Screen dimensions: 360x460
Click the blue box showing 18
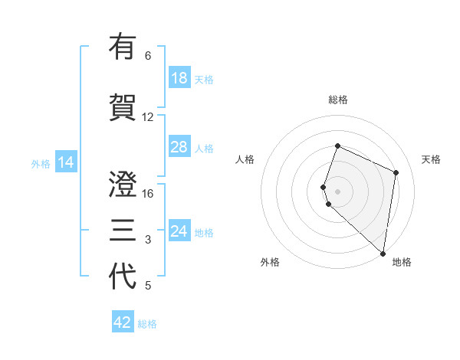click(179, 78)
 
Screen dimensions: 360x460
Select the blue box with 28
click(179, 147)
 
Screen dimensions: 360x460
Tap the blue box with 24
click(179, 231)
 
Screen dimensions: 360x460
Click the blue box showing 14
click(66, 162)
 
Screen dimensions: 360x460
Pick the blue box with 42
click(123, 322)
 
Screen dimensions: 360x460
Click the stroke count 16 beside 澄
click(148, 193)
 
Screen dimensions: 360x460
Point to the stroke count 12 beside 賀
click(148, 117)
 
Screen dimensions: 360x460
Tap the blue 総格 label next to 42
click(147, 324)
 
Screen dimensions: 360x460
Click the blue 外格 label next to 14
click(41, 163)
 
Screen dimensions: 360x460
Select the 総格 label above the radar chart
click(338, 100)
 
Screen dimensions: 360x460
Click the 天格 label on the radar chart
click(432, 159)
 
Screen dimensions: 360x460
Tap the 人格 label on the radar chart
click(245, 159)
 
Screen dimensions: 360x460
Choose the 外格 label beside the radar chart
click(270, 262)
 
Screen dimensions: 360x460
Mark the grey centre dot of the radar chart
click(338, 190)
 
